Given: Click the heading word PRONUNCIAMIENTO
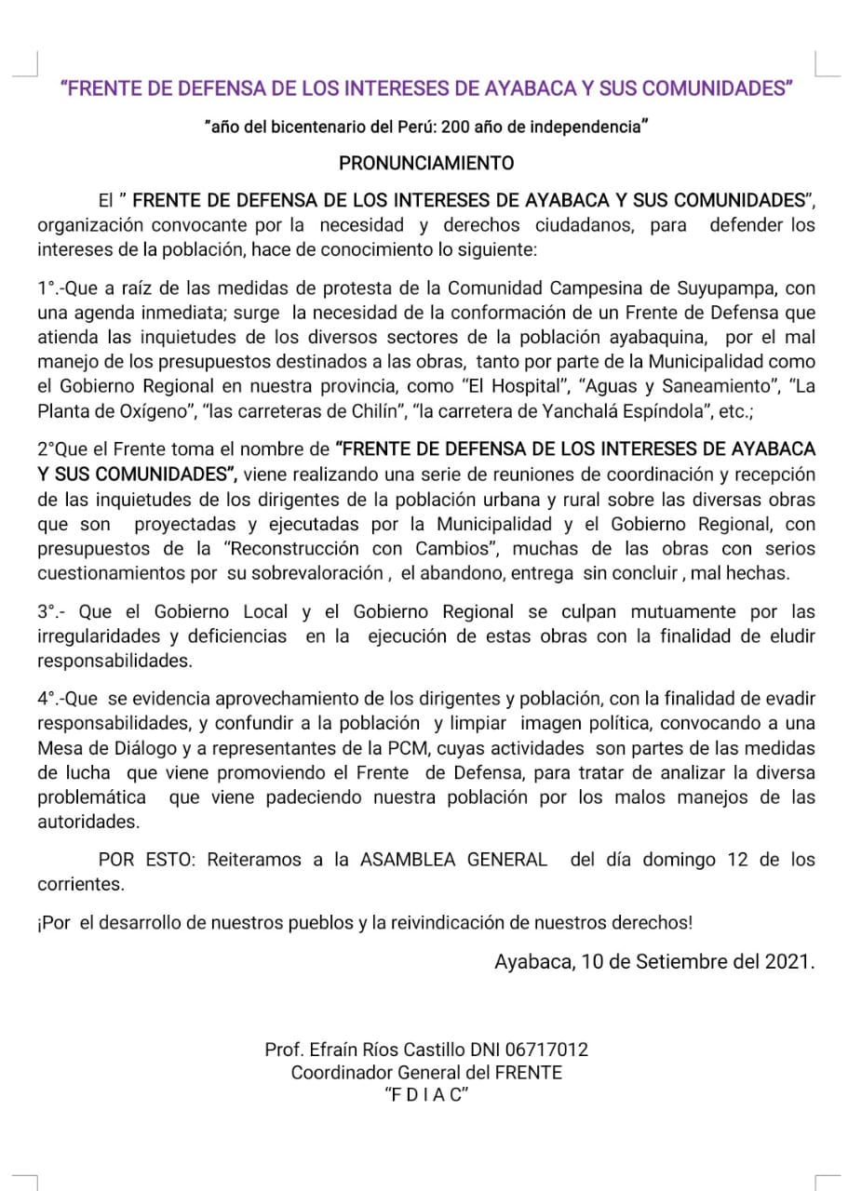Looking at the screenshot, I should pyautogui.click(x=425, y=163).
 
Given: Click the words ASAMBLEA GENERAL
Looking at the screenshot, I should pyautogui.click(x=453, y=860).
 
